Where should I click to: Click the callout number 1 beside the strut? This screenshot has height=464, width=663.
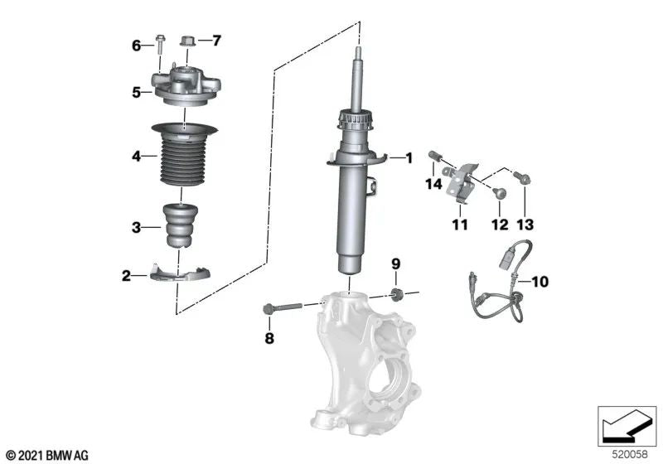tap(407, 157)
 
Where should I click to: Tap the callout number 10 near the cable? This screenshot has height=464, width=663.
tap(539, 282)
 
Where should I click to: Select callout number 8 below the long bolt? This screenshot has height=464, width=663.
tap(269, 337)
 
